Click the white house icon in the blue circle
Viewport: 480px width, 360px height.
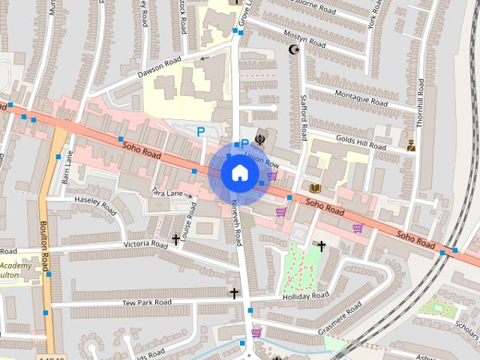coord(238,173)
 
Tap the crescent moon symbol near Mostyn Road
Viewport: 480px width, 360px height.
coord(294,50)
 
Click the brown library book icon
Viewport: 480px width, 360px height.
coord(314,187)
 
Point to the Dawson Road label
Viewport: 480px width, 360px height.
coord(159,67)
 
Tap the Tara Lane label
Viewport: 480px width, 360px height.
coord(168,193)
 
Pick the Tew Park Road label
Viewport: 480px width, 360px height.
coord(147,302)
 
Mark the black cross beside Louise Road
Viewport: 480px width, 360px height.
coord(175,240)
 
